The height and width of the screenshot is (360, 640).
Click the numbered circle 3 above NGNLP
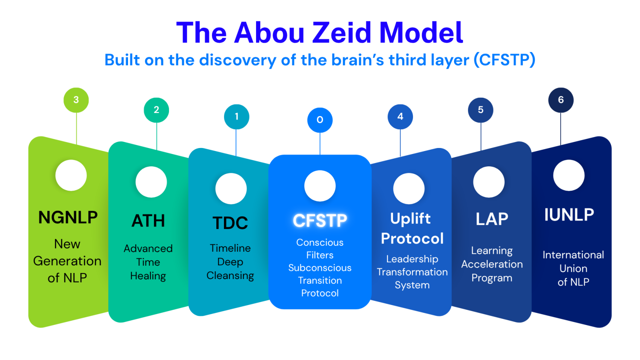[x=76, y=100]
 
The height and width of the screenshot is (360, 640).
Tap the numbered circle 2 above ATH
[x=156, y=110]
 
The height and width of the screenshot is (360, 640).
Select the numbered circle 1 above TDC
[x=236, y=116]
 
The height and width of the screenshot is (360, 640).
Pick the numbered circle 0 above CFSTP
[x=320, y=120]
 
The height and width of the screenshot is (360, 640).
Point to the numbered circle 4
[x=400, y=116]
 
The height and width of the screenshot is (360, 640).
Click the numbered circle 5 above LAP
[x=480, y=110]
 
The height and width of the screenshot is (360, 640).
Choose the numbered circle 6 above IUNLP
[x=561, y=100]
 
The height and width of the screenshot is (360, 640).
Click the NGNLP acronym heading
[x=68, y=218]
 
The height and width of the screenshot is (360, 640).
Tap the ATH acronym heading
[x=148, y=221]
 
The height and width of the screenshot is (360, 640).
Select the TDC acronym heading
[x=230, y=223]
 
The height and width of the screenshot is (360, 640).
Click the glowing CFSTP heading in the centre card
[x=320, y=221]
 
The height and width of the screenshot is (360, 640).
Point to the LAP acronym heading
[x=492, y=219]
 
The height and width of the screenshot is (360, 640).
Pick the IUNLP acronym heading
[x=569, y=215]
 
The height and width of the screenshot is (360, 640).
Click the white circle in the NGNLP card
[x=71, y=175]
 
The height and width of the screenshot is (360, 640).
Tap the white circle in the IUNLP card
[x=569, y=175]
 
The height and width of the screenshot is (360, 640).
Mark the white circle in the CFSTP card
[x=320, y=186]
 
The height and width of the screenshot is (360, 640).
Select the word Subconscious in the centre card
[x=320, y=268]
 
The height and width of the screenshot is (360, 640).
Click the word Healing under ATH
[x=148, y=276]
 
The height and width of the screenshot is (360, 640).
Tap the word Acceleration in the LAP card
[x=492, y=264]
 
